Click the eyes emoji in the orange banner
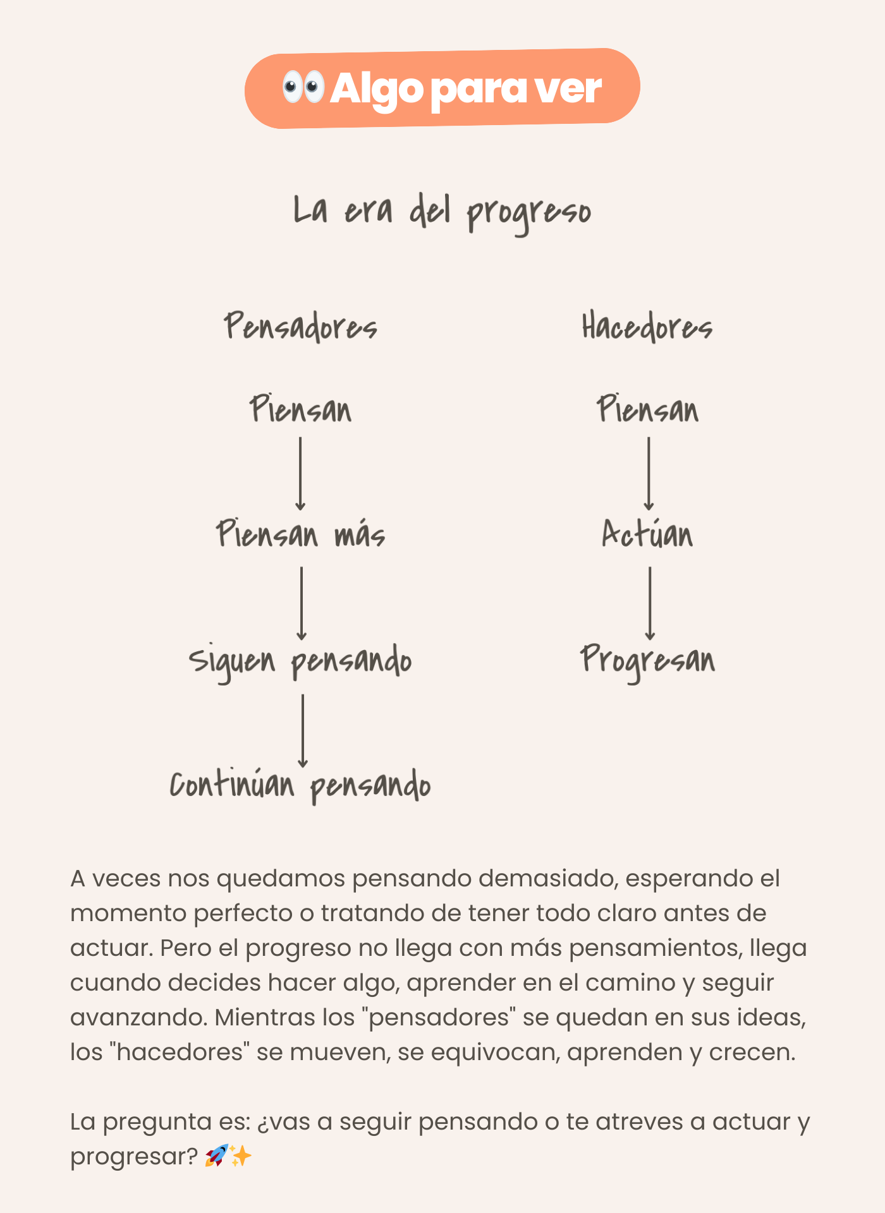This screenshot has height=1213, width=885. coord(303,87)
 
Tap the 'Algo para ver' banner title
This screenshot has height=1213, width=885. coord(465,88)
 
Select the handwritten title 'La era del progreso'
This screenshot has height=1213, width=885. coord(442,212)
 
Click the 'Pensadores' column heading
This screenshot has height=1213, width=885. coord(301,327)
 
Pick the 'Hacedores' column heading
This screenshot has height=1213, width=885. coord(647,327)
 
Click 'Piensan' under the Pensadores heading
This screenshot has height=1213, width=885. coord(301,409)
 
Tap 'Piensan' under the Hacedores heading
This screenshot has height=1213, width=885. coord(648,409)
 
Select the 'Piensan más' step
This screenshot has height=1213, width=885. coord(301,534)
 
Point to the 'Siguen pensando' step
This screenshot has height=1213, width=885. coord(301,661)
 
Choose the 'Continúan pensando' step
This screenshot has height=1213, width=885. coord(301,785)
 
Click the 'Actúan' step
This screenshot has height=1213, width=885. coord(648,534)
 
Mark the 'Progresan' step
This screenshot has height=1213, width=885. coord(648,660)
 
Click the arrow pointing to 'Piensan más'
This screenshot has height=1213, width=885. coord(300,474)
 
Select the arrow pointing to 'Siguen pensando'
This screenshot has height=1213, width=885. coord(302,603)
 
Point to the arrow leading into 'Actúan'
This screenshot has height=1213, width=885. coord(649,474)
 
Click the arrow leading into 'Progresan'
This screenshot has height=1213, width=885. coord(650,603)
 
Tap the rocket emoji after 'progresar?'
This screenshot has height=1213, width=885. coord(216,1156)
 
